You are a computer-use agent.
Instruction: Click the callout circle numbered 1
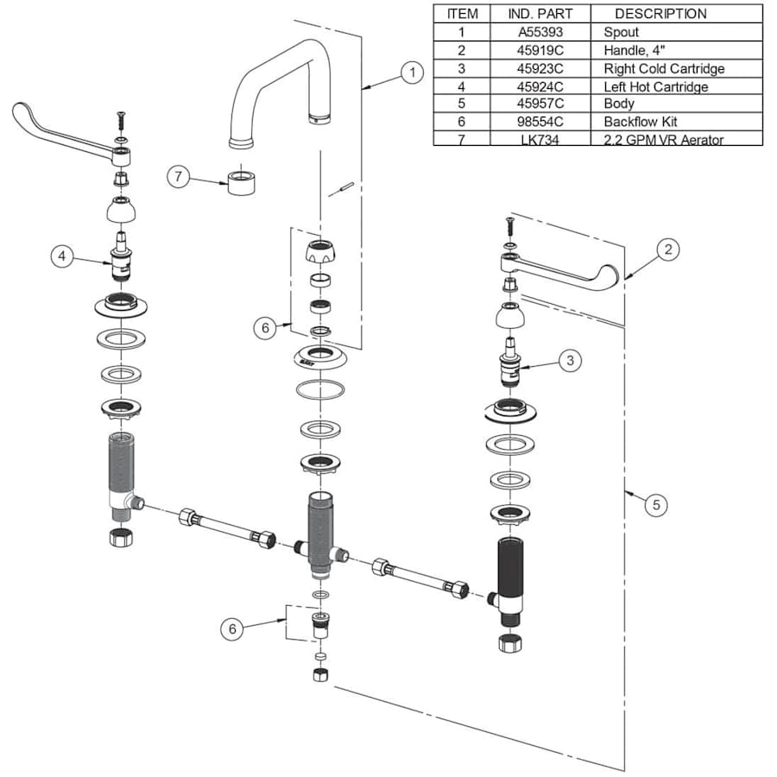pos(412,73)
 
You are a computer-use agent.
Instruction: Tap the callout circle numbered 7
pos(178,176)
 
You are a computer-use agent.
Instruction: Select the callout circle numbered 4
pos(62,256)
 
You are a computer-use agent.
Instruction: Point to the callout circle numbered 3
pos(570,360)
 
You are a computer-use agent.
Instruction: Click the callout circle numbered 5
pos(656,505)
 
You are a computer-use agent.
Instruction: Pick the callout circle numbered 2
pos(668,250)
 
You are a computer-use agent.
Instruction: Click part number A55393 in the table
pos(540,32)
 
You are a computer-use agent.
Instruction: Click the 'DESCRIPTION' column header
pos(660,14)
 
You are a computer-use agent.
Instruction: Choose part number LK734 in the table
pos(540,140)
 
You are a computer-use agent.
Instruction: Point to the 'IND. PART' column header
pos(540,14)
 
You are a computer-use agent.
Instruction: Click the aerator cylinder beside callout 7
pos(242,182)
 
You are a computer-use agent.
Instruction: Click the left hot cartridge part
pos(120,256)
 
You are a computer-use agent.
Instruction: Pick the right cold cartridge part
pos(510,362)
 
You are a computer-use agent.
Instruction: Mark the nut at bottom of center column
pos(320,674)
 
